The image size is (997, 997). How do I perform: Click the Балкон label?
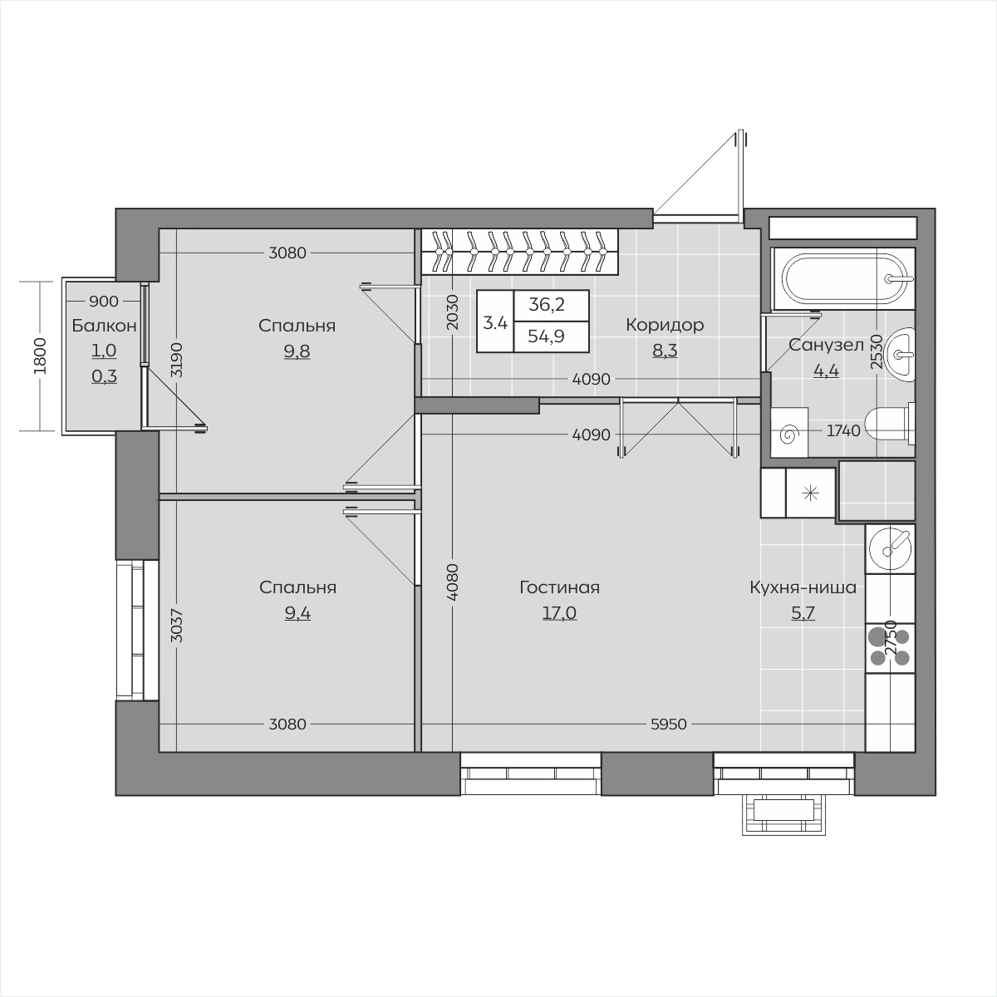point(104,326)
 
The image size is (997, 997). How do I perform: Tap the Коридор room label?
point(665,325)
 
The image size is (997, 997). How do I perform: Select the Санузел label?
point(826,345)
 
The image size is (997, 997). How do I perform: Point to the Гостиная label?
point(560,587)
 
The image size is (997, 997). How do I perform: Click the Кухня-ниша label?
point(803,587)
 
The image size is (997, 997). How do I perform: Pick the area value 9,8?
point(297,351)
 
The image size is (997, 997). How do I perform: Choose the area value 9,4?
point(297,613)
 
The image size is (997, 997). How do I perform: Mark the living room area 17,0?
point(559,613)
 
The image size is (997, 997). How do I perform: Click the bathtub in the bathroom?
point(843,278)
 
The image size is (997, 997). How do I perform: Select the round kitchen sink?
point(890,548)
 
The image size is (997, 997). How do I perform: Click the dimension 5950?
point(669,724)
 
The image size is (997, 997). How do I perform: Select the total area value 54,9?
point(547,336)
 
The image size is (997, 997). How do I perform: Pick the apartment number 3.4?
point(495,323)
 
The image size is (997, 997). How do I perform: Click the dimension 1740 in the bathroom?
point(843,430)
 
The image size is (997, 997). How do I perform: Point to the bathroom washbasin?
point(900,355)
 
